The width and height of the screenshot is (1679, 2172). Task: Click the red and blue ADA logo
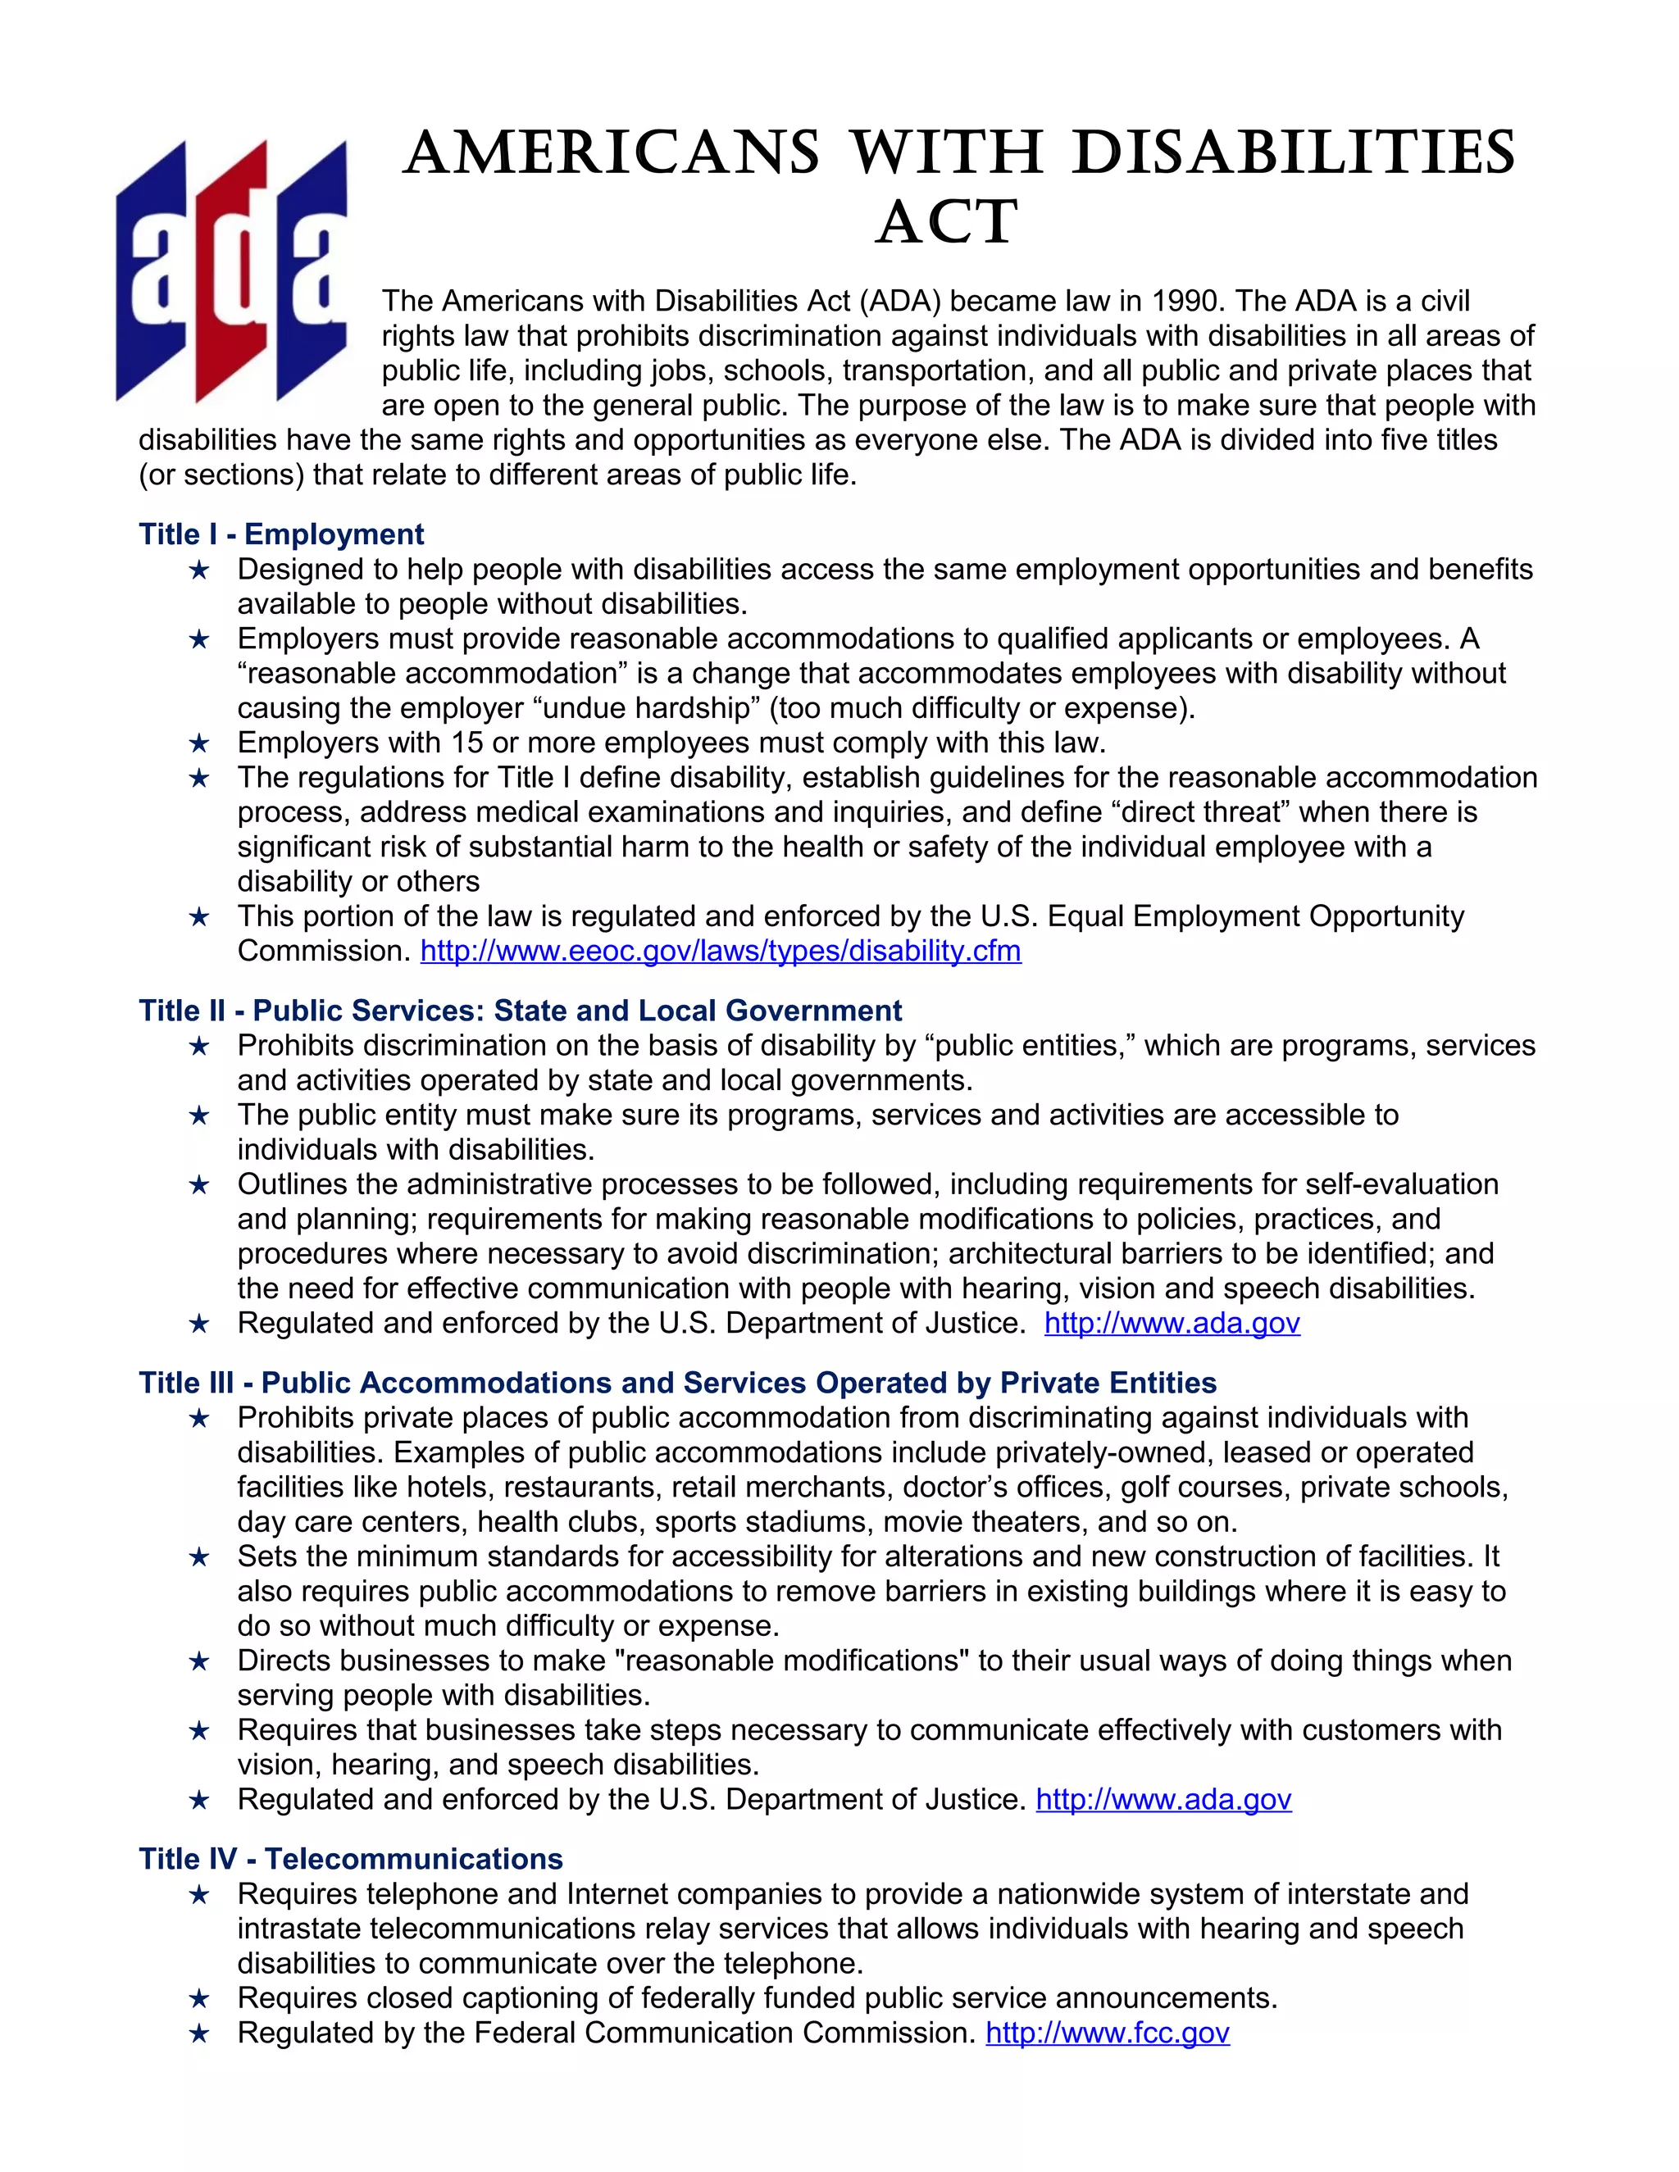click(x=232, y=270)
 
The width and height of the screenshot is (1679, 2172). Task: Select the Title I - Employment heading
click(x=281, y=534)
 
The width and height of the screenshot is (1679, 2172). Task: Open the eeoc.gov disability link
click(x=720, y=951)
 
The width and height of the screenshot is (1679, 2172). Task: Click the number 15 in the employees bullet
click(x=466, y=743)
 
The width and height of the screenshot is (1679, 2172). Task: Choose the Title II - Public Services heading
click(x=521, y=1011)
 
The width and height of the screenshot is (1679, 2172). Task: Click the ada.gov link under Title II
click(x=1172, y=1323)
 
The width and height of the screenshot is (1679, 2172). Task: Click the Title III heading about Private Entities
click(x=677, y=1383)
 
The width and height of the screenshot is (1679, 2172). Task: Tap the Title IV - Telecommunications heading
click(x=351, y=1859)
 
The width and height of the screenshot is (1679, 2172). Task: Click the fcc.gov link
click(x=1107, y=2033)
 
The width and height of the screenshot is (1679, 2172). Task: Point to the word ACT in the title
click(x=948, y=223)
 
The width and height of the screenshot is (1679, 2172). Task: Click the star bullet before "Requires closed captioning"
click(x=199, y=1998)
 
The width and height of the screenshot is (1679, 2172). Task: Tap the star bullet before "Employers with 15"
click(x=199, y=743)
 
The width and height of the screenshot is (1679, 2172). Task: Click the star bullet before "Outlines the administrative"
click(x=199, y=1184)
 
